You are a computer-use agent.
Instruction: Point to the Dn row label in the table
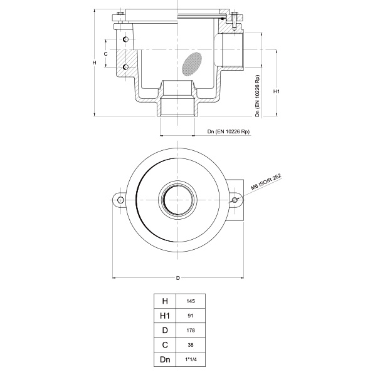coord(166,359)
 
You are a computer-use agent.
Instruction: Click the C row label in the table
coord(166,345)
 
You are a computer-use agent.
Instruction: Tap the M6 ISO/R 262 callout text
coord(266,183)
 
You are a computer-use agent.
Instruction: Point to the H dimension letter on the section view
coord(93,63)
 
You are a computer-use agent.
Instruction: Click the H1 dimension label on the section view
coord(277,91)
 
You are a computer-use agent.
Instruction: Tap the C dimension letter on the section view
coord(106,54)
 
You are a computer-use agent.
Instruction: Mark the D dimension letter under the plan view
coord(177,277)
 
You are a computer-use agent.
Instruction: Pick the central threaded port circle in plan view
coord(177,200)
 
